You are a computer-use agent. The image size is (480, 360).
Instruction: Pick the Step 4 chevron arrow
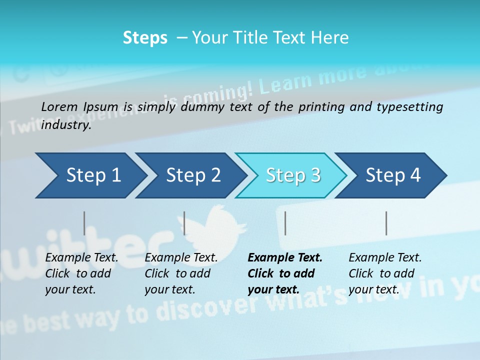tap(393, 175)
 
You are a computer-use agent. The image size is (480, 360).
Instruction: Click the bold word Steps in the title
tap(145, 38)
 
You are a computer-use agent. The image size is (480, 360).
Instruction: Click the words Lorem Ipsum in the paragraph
tap(79, 106)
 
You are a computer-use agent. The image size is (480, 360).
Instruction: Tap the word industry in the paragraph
tap(65, 125)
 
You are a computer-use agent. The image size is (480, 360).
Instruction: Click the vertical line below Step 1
tap(84, 223)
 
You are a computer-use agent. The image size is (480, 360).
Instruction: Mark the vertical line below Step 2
tap(184, 223)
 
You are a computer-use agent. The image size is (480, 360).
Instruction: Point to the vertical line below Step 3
tap(285, 223)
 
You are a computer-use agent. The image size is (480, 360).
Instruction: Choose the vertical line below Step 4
tap(386, 223)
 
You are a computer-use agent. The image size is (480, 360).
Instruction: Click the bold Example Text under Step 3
tap(285, 258)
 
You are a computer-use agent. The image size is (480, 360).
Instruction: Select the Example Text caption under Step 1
tap(81, 258)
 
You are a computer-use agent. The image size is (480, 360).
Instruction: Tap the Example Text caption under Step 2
tap(181, 258)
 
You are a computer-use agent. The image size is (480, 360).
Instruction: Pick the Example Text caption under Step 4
tap(385, 258)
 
